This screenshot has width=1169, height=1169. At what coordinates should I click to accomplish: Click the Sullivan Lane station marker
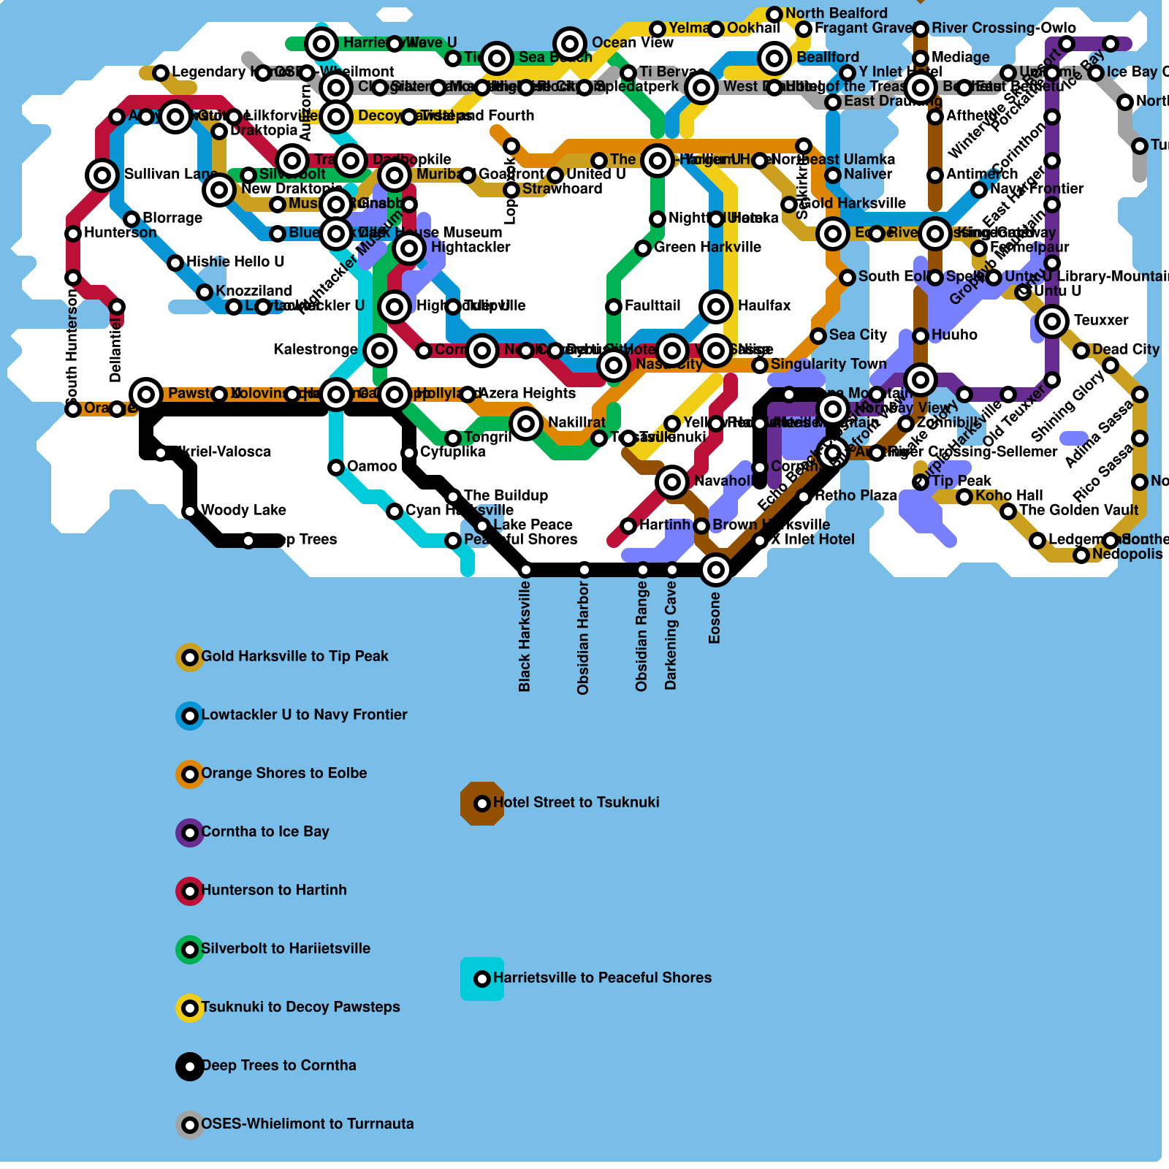(102, 175)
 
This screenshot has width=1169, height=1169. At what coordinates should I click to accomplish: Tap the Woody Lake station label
(243, 510)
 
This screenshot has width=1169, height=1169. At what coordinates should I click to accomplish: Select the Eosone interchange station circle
(716, 570)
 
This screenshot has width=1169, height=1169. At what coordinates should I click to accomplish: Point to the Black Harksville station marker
(526, 570)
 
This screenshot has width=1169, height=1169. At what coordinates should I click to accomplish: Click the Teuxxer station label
(1100, 320)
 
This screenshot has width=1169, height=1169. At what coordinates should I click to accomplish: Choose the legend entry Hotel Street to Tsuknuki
(576, 802)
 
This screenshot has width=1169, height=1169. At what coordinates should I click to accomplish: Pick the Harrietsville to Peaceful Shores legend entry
(602, 978)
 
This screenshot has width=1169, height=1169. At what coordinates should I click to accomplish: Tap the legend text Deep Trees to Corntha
(278, 1065)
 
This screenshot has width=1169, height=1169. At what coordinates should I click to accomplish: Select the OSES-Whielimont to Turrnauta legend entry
(307, 1124)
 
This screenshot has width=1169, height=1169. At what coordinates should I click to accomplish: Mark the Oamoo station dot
(336, 468)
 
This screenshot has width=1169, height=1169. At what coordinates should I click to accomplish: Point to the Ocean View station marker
(570, 44)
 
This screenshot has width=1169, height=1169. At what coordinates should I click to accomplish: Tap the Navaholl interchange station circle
(672, 482)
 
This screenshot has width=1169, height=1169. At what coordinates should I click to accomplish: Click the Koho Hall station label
(1009, 495)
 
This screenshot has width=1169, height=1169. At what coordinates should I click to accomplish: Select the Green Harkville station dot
(643, 248)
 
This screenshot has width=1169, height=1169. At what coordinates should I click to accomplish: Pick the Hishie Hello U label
(235, 262)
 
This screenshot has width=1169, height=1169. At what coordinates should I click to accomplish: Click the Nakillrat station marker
(526, 424)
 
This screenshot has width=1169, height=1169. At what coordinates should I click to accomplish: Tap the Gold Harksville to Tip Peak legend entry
(294, 656)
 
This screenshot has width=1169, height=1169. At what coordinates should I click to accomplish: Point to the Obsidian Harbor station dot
(584, 570)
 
